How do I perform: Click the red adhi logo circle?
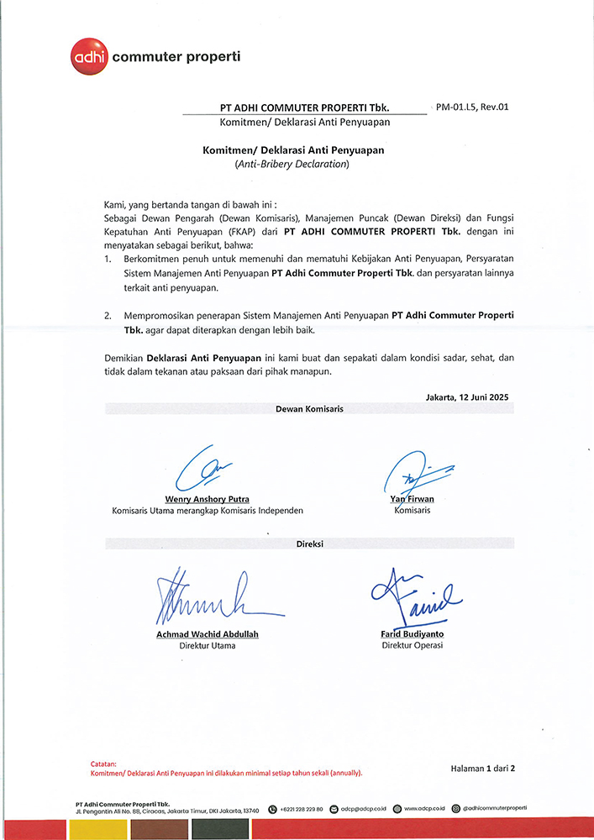coord(87,57)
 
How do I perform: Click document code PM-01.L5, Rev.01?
coord(473,108)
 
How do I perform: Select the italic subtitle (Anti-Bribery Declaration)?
coord(292,165)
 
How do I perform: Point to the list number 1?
coord(108,260)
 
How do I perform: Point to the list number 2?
coord(108,316)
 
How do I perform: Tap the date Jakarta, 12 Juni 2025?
coord(467,396)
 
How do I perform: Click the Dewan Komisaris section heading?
coord(309,409)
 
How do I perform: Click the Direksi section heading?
coord(309,543)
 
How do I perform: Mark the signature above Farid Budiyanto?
coord(413,596)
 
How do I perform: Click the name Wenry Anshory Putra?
coord(208,499)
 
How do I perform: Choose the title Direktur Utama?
coord(208,646)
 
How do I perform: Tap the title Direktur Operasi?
coord(412,645)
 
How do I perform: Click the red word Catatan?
coord(104,764)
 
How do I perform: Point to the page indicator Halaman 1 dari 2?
coord(482,768)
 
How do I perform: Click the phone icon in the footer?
coord(273,809)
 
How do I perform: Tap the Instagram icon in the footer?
coord(455,809)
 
